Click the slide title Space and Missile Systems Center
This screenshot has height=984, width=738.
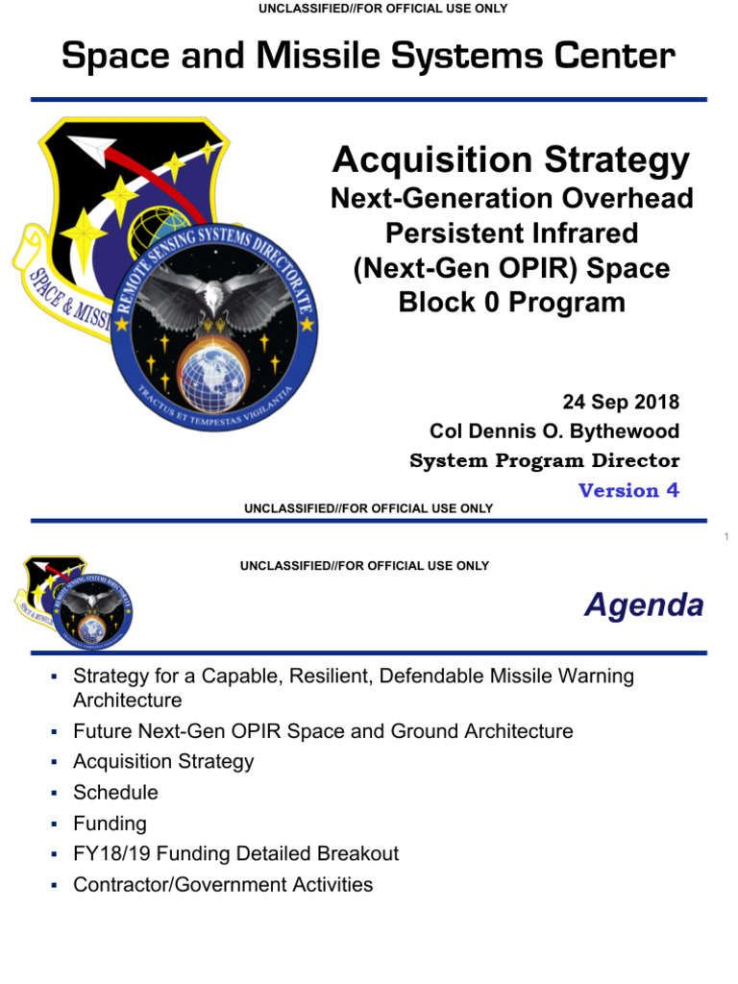[x=368, y=56]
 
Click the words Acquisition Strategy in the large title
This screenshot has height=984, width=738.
[x=510, y=160]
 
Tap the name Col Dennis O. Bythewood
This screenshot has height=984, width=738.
[x=554, y=430]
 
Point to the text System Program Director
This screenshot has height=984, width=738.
[x=544, y=460]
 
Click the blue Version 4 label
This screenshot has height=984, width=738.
[x=628, y=490]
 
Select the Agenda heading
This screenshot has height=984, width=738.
[x=644, y=606]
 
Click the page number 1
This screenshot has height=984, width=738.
[x=727, y=536]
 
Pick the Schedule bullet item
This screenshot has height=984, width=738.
[x=115, y=793]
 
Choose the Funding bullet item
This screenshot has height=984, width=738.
[x=110, y=824]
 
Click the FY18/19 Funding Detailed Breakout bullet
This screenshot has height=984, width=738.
[x=235, y=853]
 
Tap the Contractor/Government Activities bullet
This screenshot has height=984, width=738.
[x=223, y=884]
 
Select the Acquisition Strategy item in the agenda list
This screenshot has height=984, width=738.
[x=163, y=762]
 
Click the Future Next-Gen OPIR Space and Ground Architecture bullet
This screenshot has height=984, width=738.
[x=323, y=731]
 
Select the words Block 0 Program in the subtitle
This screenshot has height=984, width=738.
[x=511, y=302]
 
